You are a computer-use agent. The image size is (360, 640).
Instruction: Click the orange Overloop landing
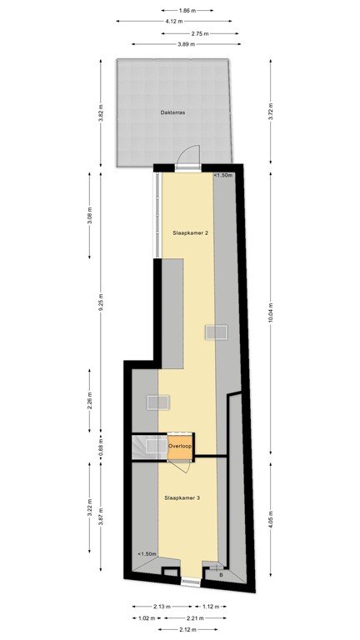(x=181, y=447)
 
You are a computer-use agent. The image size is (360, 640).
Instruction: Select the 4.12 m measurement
(x=173, y=22)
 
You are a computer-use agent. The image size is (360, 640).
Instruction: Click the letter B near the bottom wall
(x=221, y=575)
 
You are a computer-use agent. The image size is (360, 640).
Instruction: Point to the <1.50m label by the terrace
(x=222, y=176)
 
